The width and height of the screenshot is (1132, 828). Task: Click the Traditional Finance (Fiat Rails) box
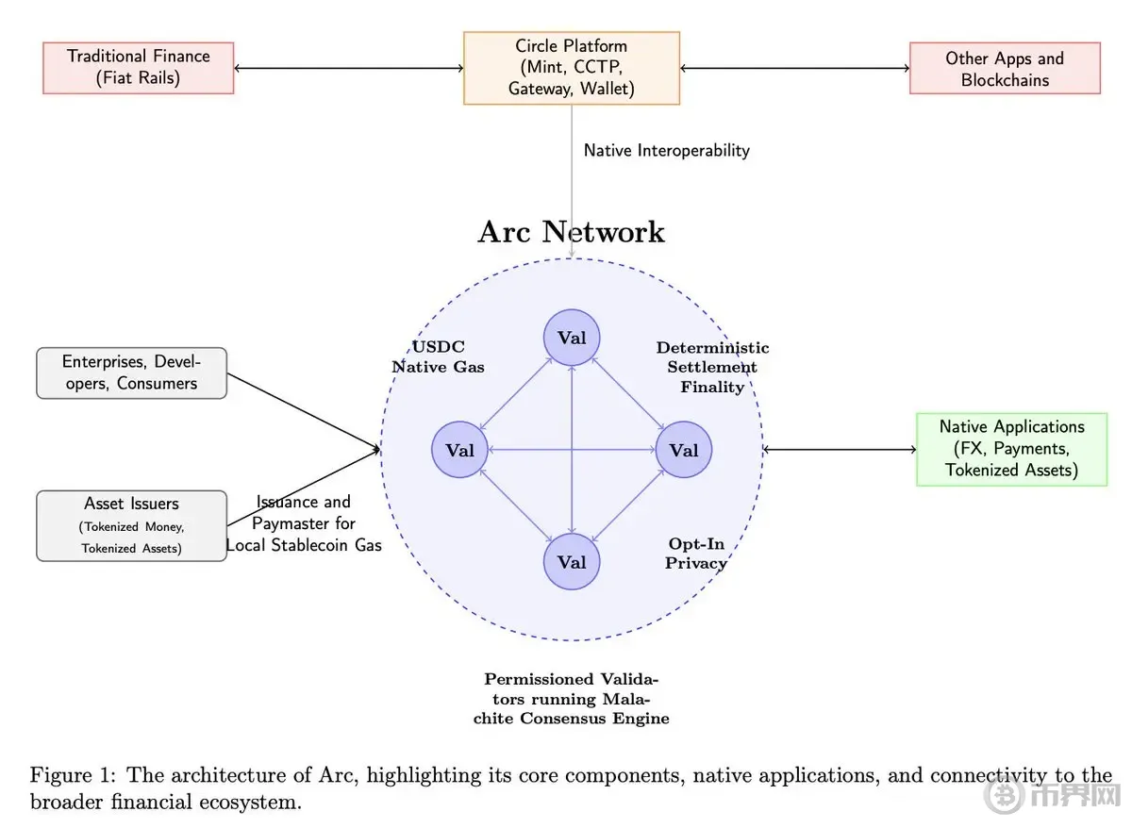pos(138,68)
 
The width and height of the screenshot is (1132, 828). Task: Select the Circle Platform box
pos(572,68)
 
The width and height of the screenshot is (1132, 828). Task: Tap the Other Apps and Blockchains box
pos(1005,68)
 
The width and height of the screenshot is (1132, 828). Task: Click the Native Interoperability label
pos(667,150)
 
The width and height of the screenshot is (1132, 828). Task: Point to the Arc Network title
pos(571,231)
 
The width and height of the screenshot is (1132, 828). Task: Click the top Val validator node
pos(572,338)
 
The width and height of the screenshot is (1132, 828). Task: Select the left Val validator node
pos(459,450)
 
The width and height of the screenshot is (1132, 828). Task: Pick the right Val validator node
pos(684,450)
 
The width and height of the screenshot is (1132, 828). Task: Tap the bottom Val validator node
pos(572,562)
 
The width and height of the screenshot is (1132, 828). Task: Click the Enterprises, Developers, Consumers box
pos(131,373)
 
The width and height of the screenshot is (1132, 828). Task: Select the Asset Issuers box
pos(131,526)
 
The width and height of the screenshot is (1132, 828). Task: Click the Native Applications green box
pos(1011,449)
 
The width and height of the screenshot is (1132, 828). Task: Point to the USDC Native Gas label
pos(438,356)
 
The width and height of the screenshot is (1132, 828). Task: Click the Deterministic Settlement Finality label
pos(712,367)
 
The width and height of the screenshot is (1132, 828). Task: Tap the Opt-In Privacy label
pos(696,554)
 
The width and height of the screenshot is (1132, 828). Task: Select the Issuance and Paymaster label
pos(303,523)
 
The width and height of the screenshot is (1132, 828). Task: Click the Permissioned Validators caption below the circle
pos(571,698)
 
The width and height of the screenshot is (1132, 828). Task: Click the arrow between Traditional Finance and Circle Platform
pos(349,68)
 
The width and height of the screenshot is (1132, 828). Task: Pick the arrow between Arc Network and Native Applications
pos(840,449)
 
